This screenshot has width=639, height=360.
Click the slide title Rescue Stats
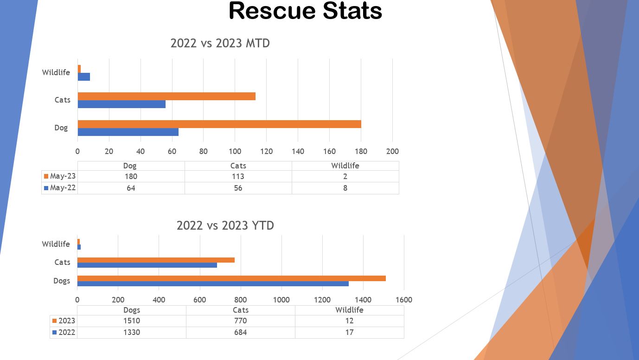[305, 11]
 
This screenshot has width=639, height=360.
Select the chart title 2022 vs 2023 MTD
[220, 43]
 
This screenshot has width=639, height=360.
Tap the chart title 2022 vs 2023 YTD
[225, 225]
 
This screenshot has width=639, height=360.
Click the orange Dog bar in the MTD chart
[219, 124]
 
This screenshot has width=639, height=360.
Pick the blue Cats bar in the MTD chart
[121, 104]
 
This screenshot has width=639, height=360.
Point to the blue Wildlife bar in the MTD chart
[84, 77]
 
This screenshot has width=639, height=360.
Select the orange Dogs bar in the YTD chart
[231, 278]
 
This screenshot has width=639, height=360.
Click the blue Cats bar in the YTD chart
[147, 265]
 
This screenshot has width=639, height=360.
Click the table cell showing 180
[131, 176]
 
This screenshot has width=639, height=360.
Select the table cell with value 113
[238, 176]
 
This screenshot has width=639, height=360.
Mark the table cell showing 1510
[131, 321]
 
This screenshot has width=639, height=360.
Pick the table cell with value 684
[240, 332]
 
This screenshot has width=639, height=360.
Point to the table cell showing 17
[349, 332]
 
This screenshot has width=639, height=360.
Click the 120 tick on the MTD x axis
[266, 151]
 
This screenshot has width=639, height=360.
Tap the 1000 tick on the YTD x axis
[281, 300]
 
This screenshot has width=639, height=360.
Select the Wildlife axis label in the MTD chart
[56, 72]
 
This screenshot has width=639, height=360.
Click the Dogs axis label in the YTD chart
[62, 281]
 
